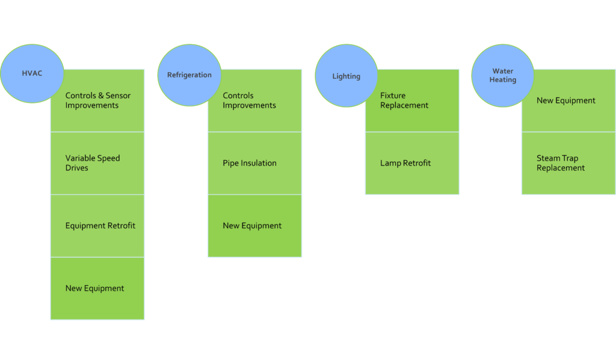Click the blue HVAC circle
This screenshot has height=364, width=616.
point(32,74)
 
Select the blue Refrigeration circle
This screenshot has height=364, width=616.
point(189,75)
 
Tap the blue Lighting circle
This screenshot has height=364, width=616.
point(346,76)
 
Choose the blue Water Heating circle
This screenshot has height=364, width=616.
point(502,76)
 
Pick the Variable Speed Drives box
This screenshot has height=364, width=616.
point(97,163)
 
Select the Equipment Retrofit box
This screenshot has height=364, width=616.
point(97,226)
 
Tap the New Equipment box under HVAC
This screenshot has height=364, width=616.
point(97,288)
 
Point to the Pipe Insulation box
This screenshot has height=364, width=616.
point(254,163)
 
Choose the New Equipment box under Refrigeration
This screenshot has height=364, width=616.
point(254,226)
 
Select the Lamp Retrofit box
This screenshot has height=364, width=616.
point(412,163)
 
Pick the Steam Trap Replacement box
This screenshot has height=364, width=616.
point(568,163)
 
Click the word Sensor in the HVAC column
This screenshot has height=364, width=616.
point(118,96)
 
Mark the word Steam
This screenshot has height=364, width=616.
point(549,158)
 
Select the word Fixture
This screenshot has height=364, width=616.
point(393,96)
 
